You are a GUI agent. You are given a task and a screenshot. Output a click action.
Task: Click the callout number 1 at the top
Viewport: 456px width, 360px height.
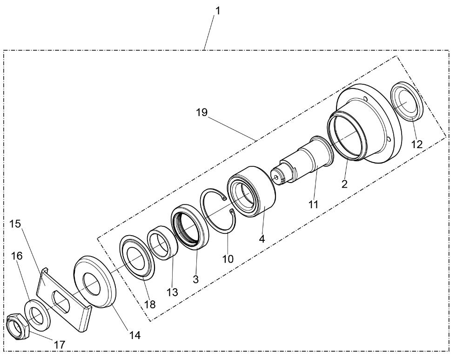(x=217, y=10)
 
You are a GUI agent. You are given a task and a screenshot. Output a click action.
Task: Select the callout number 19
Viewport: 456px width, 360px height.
(x=201, y=113)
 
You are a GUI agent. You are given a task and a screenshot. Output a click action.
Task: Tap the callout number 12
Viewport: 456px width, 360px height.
(x=417, y=144)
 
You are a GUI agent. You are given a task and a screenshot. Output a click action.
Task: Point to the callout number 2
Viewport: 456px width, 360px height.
(x=344, y=183)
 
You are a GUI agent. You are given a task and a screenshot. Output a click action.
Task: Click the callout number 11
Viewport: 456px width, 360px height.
(x=313, y=204)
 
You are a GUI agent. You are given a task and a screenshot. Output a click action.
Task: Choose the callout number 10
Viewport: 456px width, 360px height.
(x=228, y=259)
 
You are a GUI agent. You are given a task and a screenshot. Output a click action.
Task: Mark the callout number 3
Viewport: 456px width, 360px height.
(x=195, y=279)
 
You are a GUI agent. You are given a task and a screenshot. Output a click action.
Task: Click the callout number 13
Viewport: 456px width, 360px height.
(x=172, y=292)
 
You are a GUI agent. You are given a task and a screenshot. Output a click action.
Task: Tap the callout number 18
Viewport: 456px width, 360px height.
(x=150, y=305)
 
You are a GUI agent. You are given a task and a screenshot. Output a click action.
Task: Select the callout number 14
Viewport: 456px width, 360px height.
(x=135, y=335)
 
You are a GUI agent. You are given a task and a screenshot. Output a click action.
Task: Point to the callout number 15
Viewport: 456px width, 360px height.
(x=15, y=224)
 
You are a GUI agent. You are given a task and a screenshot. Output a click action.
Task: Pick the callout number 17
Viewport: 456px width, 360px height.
(x=59, y=345)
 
